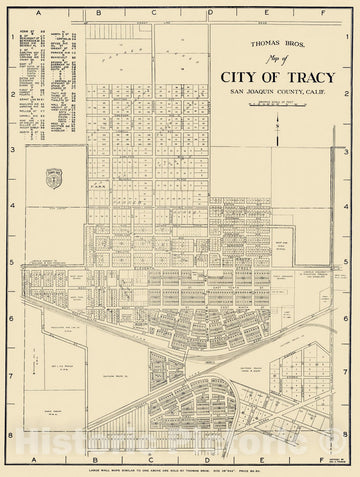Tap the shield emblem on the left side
55,181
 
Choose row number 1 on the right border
350,38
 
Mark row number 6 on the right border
350,320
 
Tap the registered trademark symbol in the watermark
330,434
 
